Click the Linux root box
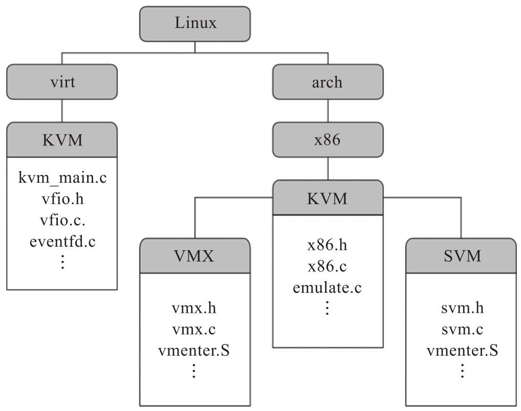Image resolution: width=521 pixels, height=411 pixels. click(x=194, y=24)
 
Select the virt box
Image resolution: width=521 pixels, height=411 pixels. click(x=62, y=82)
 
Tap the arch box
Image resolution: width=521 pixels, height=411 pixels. click(x=327, y=82)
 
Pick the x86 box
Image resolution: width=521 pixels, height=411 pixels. click(x=327, y=140)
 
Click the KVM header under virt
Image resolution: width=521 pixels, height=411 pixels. click(x=62, y=140)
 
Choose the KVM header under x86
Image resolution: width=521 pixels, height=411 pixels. click(x=327, y=198)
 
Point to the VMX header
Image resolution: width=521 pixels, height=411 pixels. click(x=194, y=255)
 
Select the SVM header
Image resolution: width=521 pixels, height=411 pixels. click(x=462, y=255)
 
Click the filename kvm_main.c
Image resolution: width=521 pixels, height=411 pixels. click(x=62, y=180)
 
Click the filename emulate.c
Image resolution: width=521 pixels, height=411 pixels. click(x=327, y=288)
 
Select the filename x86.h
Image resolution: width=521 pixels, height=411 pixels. click(x=327, y=246)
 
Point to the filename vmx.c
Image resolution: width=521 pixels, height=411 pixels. click(x=194, y=330)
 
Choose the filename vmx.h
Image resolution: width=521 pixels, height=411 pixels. click(x=194, y=310)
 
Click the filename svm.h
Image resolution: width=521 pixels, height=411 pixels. click(x=462, y=310)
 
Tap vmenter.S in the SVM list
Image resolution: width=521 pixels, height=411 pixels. click(x=462, y=351)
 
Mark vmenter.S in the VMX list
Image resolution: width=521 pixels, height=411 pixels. click(x=194, y=351)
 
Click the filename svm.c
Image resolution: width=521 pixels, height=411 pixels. click(x=462, y=330)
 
